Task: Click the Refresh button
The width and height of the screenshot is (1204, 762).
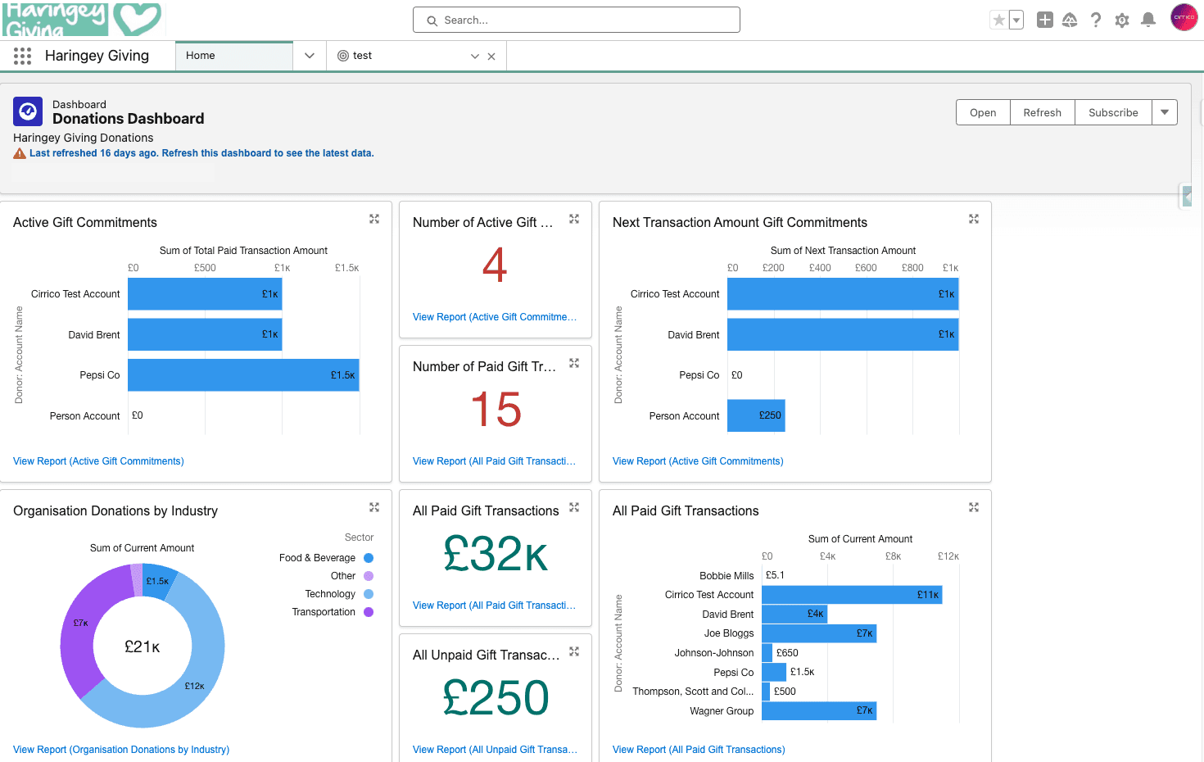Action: click(x=1042, y=112)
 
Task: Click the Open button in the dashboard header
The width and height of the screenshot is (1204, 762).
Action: click(x=983, y=112)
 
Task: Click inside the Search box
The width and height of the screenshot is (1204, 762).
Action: click(x=577, y=20)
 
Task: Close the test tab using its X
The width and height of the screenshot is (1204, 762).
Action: click(x=491, y=57)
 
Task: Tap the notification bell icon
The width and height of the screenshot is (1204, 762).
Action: click(x=1148, y=20)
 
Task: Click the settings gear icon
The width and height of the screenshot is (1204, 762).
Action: click(x=1122, y=20)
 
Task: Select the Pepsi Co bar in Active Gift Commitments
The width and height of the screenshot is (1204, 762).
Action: click(x=243, y=374)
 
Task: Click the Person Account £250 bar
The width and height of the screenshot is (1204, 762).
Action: click(x=756, y=415)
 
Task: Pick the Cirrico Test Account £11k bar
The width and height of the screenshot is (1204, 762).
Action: click(x=852, y=595)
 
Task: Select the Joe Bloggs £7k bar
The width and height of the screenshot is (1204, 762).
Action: click(x=818, y=633)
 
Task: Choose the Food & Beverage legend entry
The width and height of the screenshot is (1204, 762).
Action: click(x=326, y=558)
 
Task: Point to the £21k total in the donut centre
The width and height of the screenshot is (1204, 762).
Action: click(x=142, y=646)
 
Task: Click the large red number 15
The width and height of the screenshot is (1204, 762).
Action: click(x=496, y=409)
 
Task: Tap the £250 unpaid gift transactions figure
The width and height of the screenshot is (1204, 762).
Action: click(x=496, y=697)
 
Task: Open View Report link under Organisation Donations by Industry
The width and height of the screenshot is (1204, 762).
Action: click(x=121, y=749)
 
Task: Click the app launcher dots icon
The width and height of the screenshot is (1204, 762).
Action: click(x=23, y=56)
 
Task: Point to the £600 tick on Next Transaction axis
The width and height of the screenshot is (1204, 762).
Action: click(x=866, y=268)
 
